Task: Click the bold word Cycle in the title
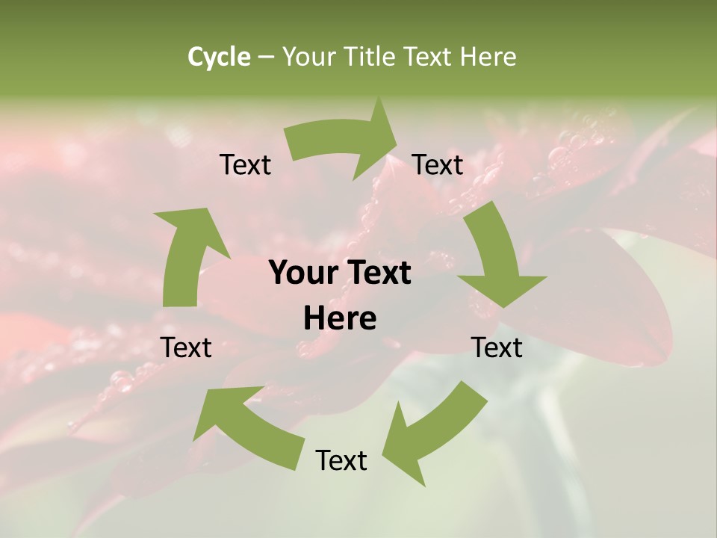[219, 57]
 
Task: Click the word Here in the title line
[488, 57]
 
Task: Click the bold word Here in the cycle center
[340, 319]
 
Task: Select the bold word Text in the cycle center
[380, 273]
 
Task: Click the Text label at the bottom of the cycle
[341, 460]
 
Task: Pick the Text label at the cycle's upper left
[245, 164]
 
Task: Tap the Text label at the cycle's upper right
[438, 164]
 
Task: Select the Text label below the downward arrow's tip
[497, 347]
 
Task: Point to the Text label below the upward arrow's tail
[186, 347]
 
